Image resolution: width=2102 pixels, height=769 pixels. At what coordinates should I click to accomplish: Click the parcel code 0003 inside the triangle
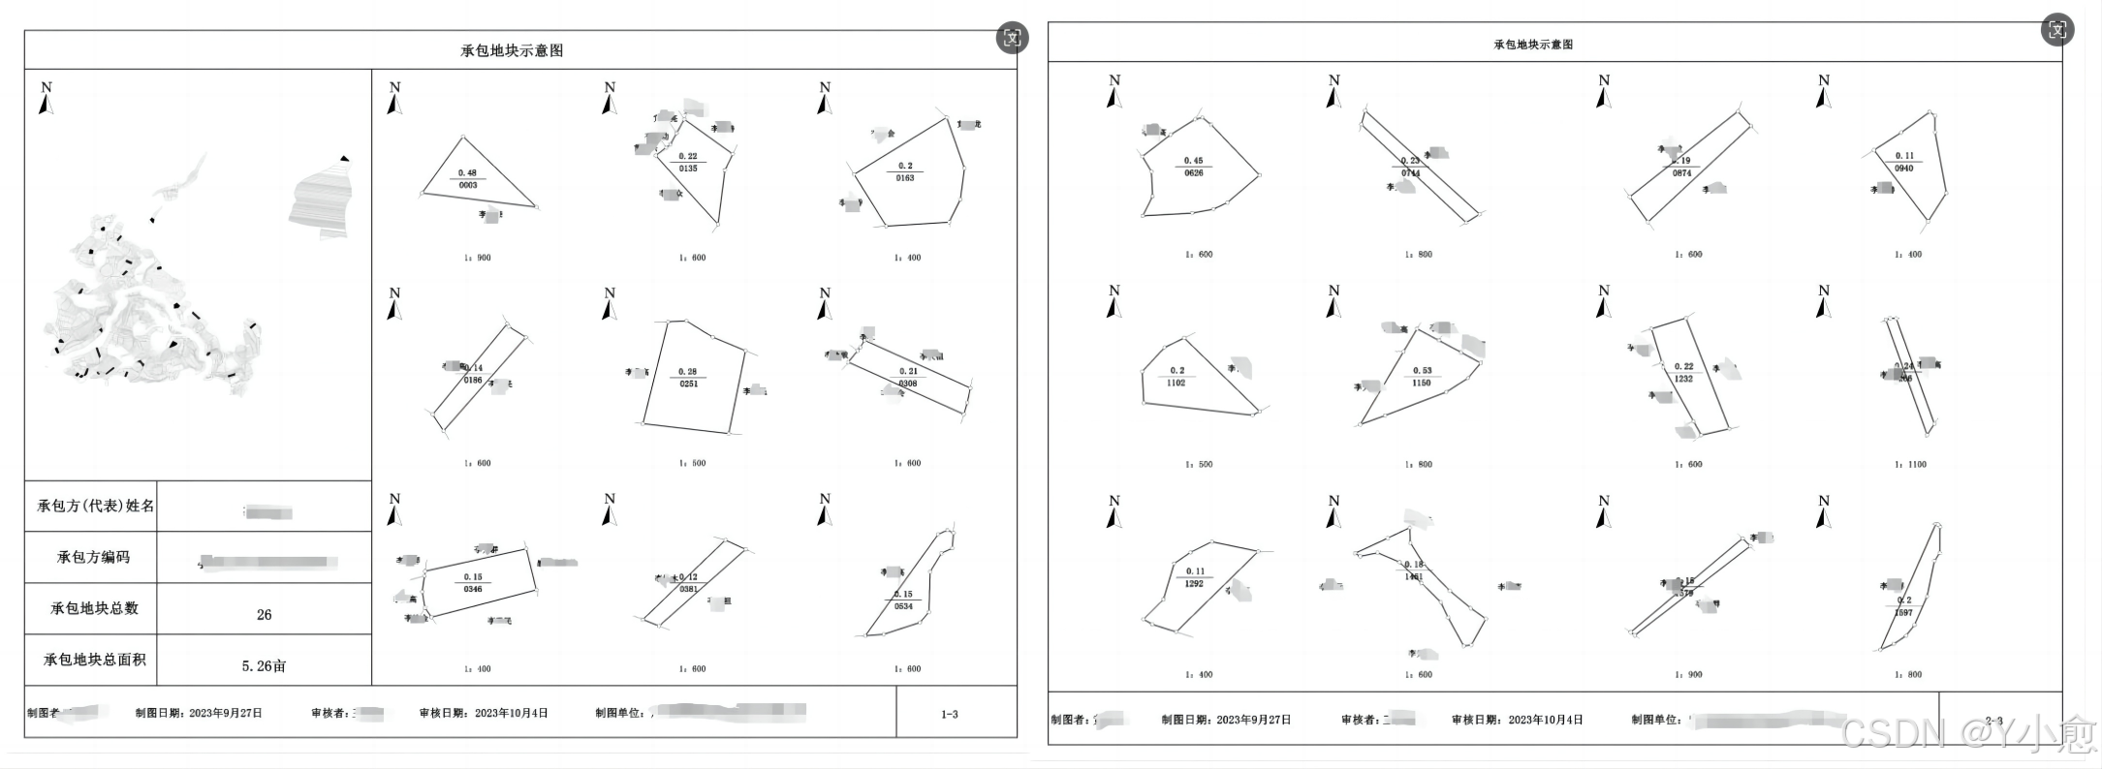pos(468,185)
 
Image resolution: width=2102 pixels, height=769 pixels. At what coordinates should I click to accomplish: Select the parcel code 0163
pos(905,178)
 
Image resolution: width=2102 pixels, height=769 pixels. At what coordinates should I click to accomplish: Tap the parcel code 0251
pos(688,384)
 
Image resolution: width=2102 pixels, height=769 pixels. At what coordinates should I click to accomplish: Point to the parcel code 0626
pos(1193,173)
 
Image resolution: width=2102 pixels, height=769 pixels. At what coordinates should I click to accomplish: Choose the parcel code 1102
pos(1176,383)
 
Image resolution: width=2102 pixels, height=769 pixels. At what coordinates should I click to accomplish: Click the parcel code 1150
pos(1421,383)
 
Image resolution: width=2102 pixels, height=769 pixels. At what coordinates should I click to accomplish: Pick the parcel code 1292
pos(1194,584)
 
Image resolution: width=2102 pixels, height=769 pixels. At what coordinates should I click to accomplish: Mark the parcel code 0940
pos(1903,169)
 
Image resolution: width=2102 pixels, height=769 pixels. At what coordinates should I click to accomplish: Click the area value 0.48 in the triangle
pos(468,172)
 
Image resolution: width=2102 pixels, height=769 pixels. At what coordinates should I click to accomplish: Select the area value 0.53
pos(1422,370)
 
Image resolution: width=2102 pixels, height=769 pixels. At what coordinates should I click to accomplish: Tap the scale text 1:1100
pos(1910,465)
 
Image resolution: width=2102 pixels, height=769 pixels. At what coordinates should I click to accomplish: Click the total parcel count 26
pos(264,614)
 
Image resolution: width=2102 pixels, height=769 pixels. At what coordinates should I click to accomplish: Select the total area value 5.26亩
pos(264,666)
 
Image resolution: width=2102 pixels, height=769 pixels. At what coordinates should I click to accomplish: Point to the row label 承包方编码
pos(93,557)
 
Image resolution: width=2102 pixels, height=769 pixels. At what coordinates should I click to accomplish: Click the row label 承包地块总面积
pos(94,660)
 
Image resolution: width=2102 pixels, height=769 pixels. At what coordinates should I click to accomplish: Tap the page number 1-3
pos(949,715)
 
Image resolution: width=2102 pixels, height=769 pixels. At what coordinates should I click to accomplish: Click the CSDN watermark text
pos(1967,734)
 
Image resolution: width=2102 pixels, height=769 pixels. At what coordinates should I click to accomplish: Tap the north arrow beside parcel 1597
pos(1824,512)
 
